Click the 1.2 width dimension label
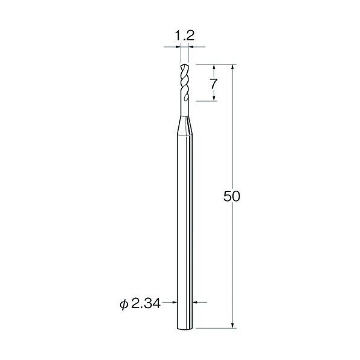(185, 36)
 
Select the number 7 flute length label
(214, 84)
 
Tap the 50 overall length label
(232, 196)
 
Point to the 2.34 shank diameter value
(146, 304)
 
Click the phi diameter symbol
(123, 305)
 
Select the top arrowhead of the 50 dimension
(232, 67)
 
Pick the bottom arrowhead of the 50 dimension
(232, 325)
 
